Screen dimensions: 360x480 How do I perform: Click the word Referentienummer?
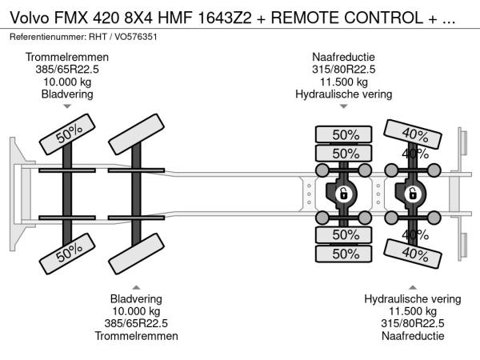click(x=46, y=38)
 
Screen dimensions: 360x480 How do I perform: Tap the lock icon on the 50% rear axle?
click(x=343, y=194)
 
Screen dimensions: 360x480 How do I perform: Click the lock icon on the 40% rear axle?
click(x=413, y=194)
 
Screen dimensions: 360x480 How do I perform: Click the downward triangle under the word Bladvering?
click(x=67, y=106)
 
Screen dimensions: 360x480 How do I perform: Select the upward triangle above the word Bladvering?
click(x=136, y=286)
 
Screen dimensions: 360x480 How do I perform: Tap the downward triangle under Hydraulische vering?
click(x=343, y=106)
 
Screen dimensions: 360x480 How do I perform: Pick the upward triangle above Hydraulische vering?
click(x=413, y=286)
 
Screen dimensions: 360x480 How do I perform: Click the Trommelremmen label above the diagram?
click(x=67, y=58)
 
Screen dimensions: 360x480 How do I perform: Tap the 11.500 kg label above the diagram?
click(x=343, y=82)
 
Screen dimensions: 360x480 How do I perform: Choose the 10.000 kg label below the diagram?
click(x=136, y=311)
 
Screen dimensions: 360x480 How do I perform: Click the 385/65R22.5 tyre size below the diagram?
click(x=136, y=323)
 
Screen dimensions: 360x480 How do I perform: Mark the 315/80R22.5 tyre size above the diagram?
click(x=343, y=70)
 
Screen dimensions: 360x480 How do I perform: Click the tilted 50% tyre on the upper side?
click(x=69, y=136)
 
